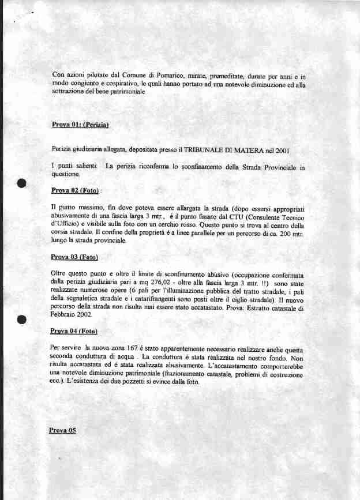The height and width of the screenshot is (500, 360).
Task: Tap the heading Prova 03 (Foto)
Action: (74, 257)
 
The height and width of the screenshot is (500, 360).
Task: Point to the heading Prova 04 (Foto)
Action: (74, 332)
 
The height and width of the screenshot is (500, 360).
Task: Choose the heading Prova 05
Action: (63, 430)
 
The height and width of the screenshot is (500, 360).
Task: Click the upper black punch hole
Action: (22, 184)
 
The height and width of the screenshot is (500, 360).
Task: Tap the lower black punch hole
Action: (22, 321)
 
